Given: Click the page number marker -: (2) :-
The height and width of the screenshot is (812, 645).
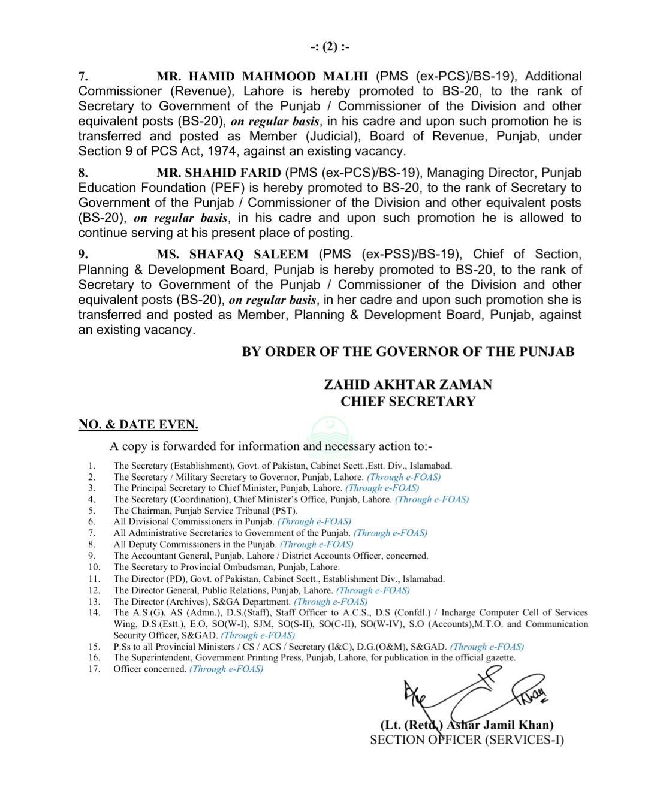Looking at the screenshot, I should [x=330, y=47].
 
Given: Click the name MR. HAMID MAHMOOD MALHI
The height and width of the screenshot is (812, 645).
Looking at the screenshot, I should [x=263, y=76].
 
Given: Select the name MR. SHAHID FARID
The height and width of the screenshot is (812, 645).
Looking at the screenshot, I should [x=219, y=173].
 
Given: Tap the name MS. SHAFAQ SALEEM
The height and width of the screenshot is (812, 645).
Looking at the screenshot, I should [x=233, y=254].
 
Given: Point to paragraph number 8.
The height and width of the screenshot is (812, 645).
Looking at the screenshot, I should [x=83, y=173].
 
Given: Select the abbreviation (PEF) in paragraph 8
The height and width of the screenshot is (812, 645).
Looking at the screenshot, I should [x=227, y=188].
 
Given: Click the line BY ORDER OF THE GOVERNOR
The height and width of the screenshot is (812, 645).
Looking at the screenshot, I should [x=408, y=352].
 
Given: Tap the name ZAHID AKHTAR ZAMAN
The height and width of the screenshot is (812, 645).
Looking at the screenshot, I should [x=408, y=385].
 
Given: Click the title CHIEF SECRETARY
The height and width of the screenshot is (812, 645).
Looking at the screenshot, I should [x=408, y=402].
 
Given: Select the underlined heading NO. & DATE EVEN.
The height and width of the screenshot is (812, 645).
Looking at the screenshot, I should [x=138, y=425].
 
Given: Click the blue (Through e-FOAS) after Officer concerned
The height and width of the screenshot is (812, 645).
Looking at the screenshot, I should [x=226, y=669].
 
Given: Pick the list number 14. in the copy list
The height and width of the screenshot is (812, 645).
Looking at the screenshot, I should [x=94, y=612].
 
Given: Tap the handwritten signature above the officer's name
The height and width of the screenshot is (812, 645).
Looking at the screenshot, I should [x=474, y=695].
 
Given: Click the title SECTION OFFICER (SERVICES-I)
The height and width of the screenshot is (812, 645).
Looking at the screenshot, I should [x=467, y=740].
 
